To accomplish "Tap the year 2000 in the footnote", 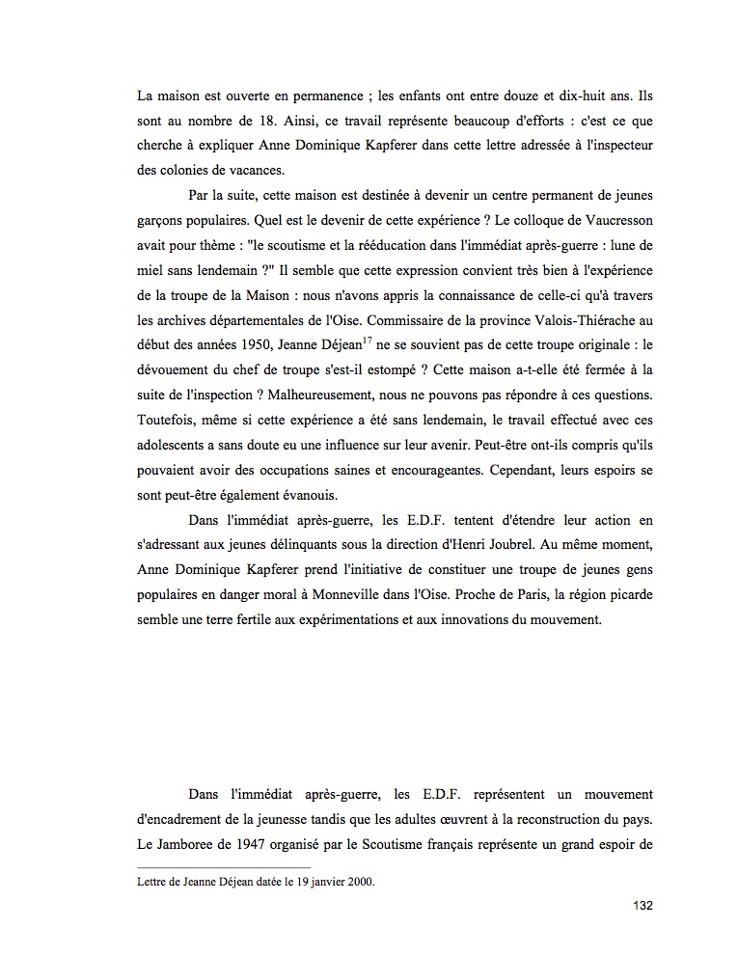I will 359,881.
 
